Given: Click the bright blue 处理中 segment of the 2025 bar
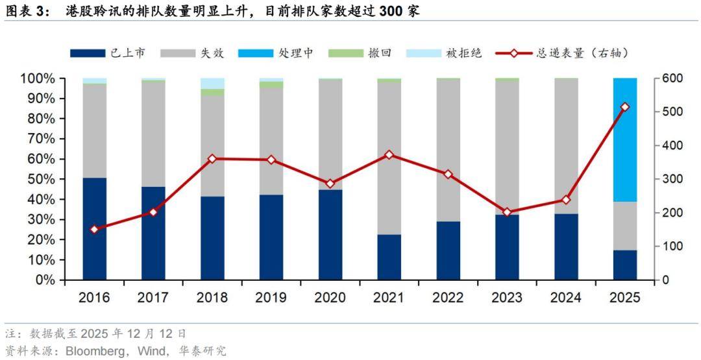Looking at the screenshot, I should click(x=625, y=139).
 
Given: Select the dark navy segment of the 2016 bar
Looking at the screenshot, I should click(x=95, y=228).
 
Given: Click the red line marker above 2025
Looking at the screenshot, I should click(x=625, y=107).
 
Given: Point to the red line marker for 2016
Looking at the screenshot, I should click(x=95, y=230).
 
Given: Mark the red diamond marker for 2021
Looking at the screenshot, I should click(x=389, y=155).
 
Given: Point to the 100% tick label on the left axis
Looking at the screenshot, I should click(x=40, y=78).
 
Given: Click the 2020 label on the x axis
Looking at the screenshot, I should click(x=330, y=298).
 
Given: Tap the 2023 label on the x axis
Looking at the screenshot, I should click(x=507, y=298).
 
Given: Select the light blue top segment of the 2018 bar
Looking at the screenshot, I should click(x=212, y=83).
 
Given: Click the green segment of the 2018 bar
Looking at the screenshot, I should click(x=212, y=92).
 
